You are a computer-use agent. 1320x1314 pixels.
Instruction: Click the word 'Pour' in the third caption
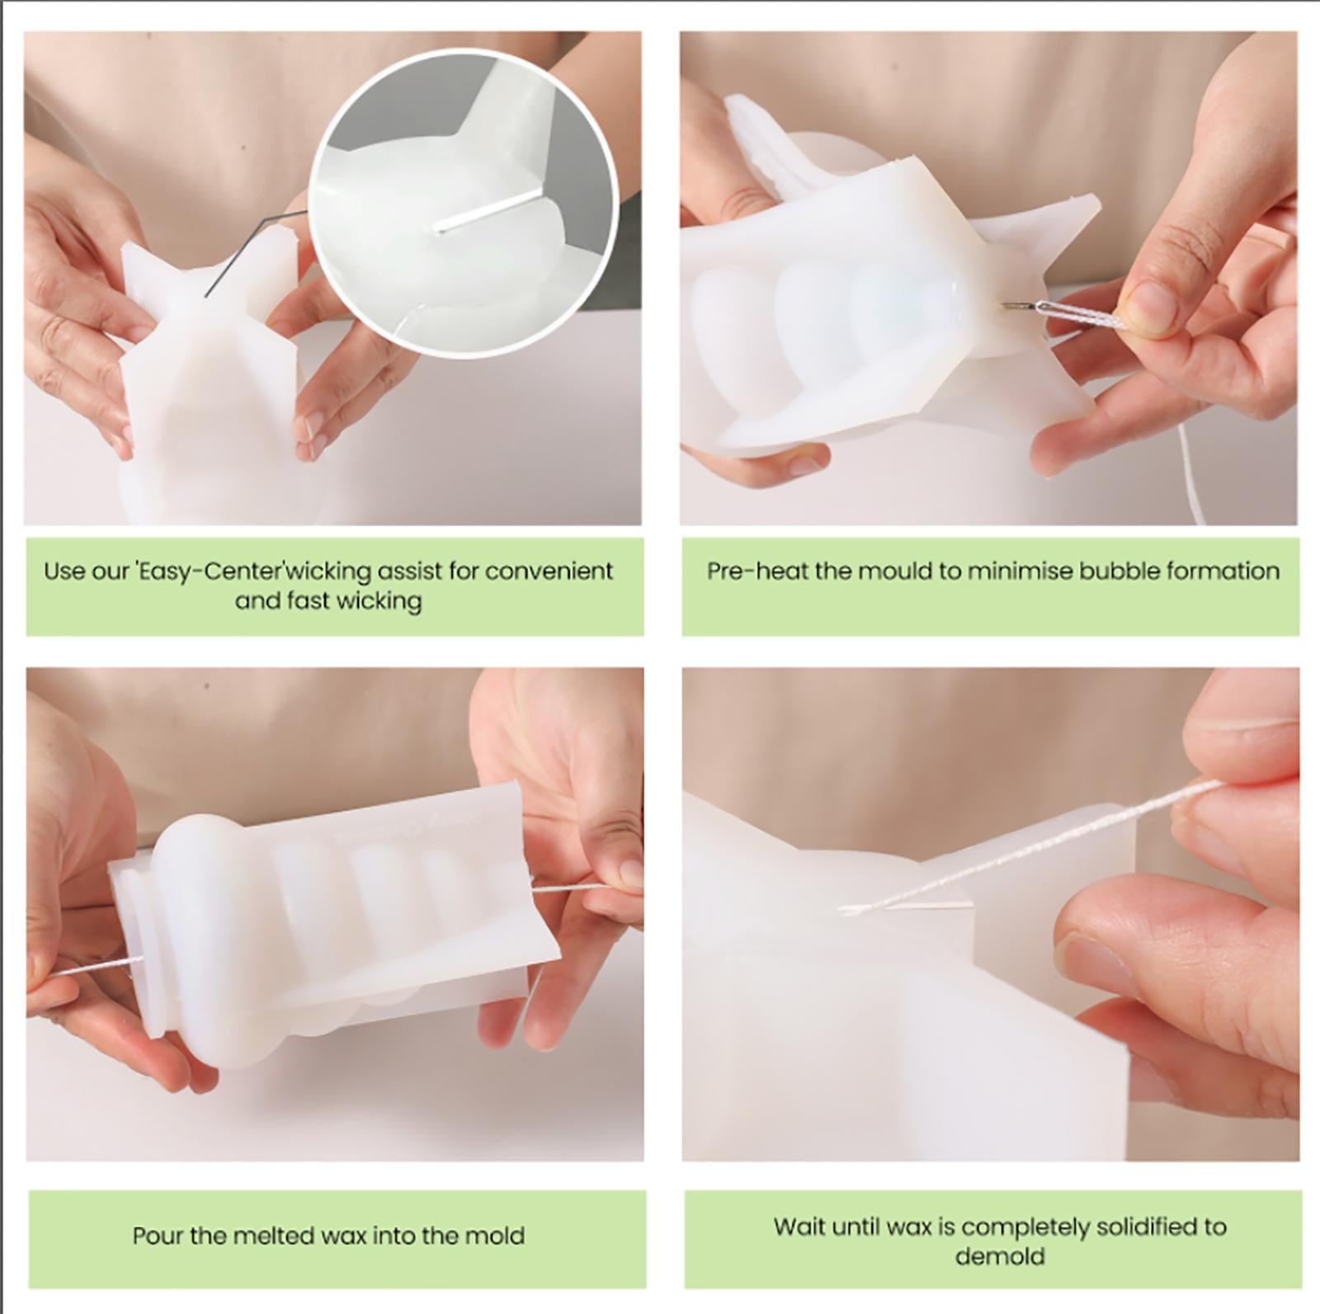pyautogui.click(x=157, y=1236)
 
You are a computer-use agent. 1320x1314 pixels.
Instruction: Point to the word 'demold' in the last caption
pyautogui.click(x=999, y=1256)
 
